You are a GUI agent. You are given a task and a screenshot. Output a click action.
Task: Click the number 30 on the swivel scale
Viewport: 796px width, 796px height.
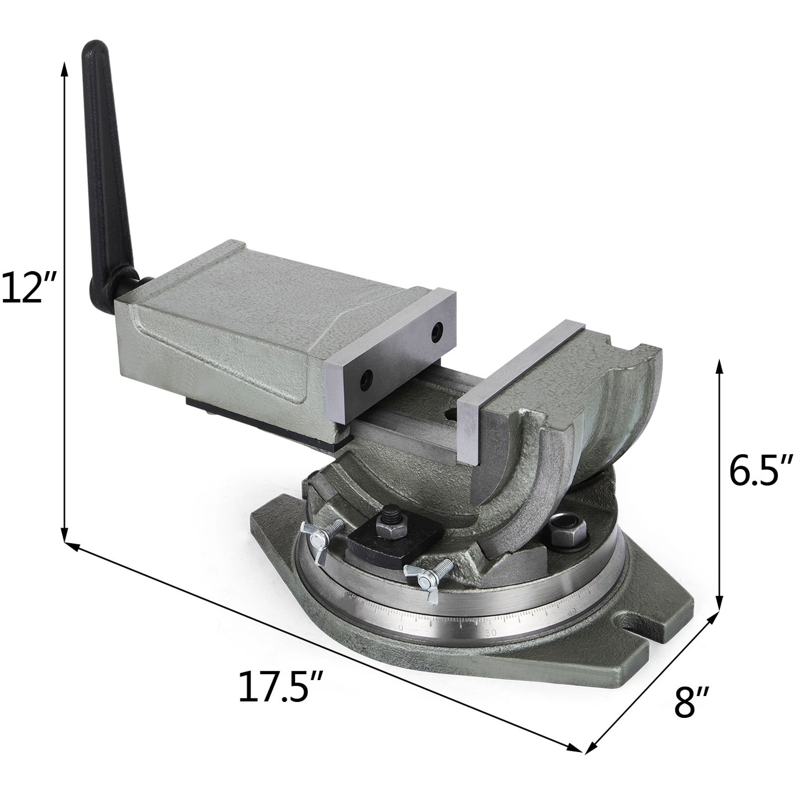492,633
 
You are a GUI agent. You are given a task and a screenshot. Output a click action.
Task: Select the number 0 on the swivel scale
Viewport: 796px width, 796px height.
401,628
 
